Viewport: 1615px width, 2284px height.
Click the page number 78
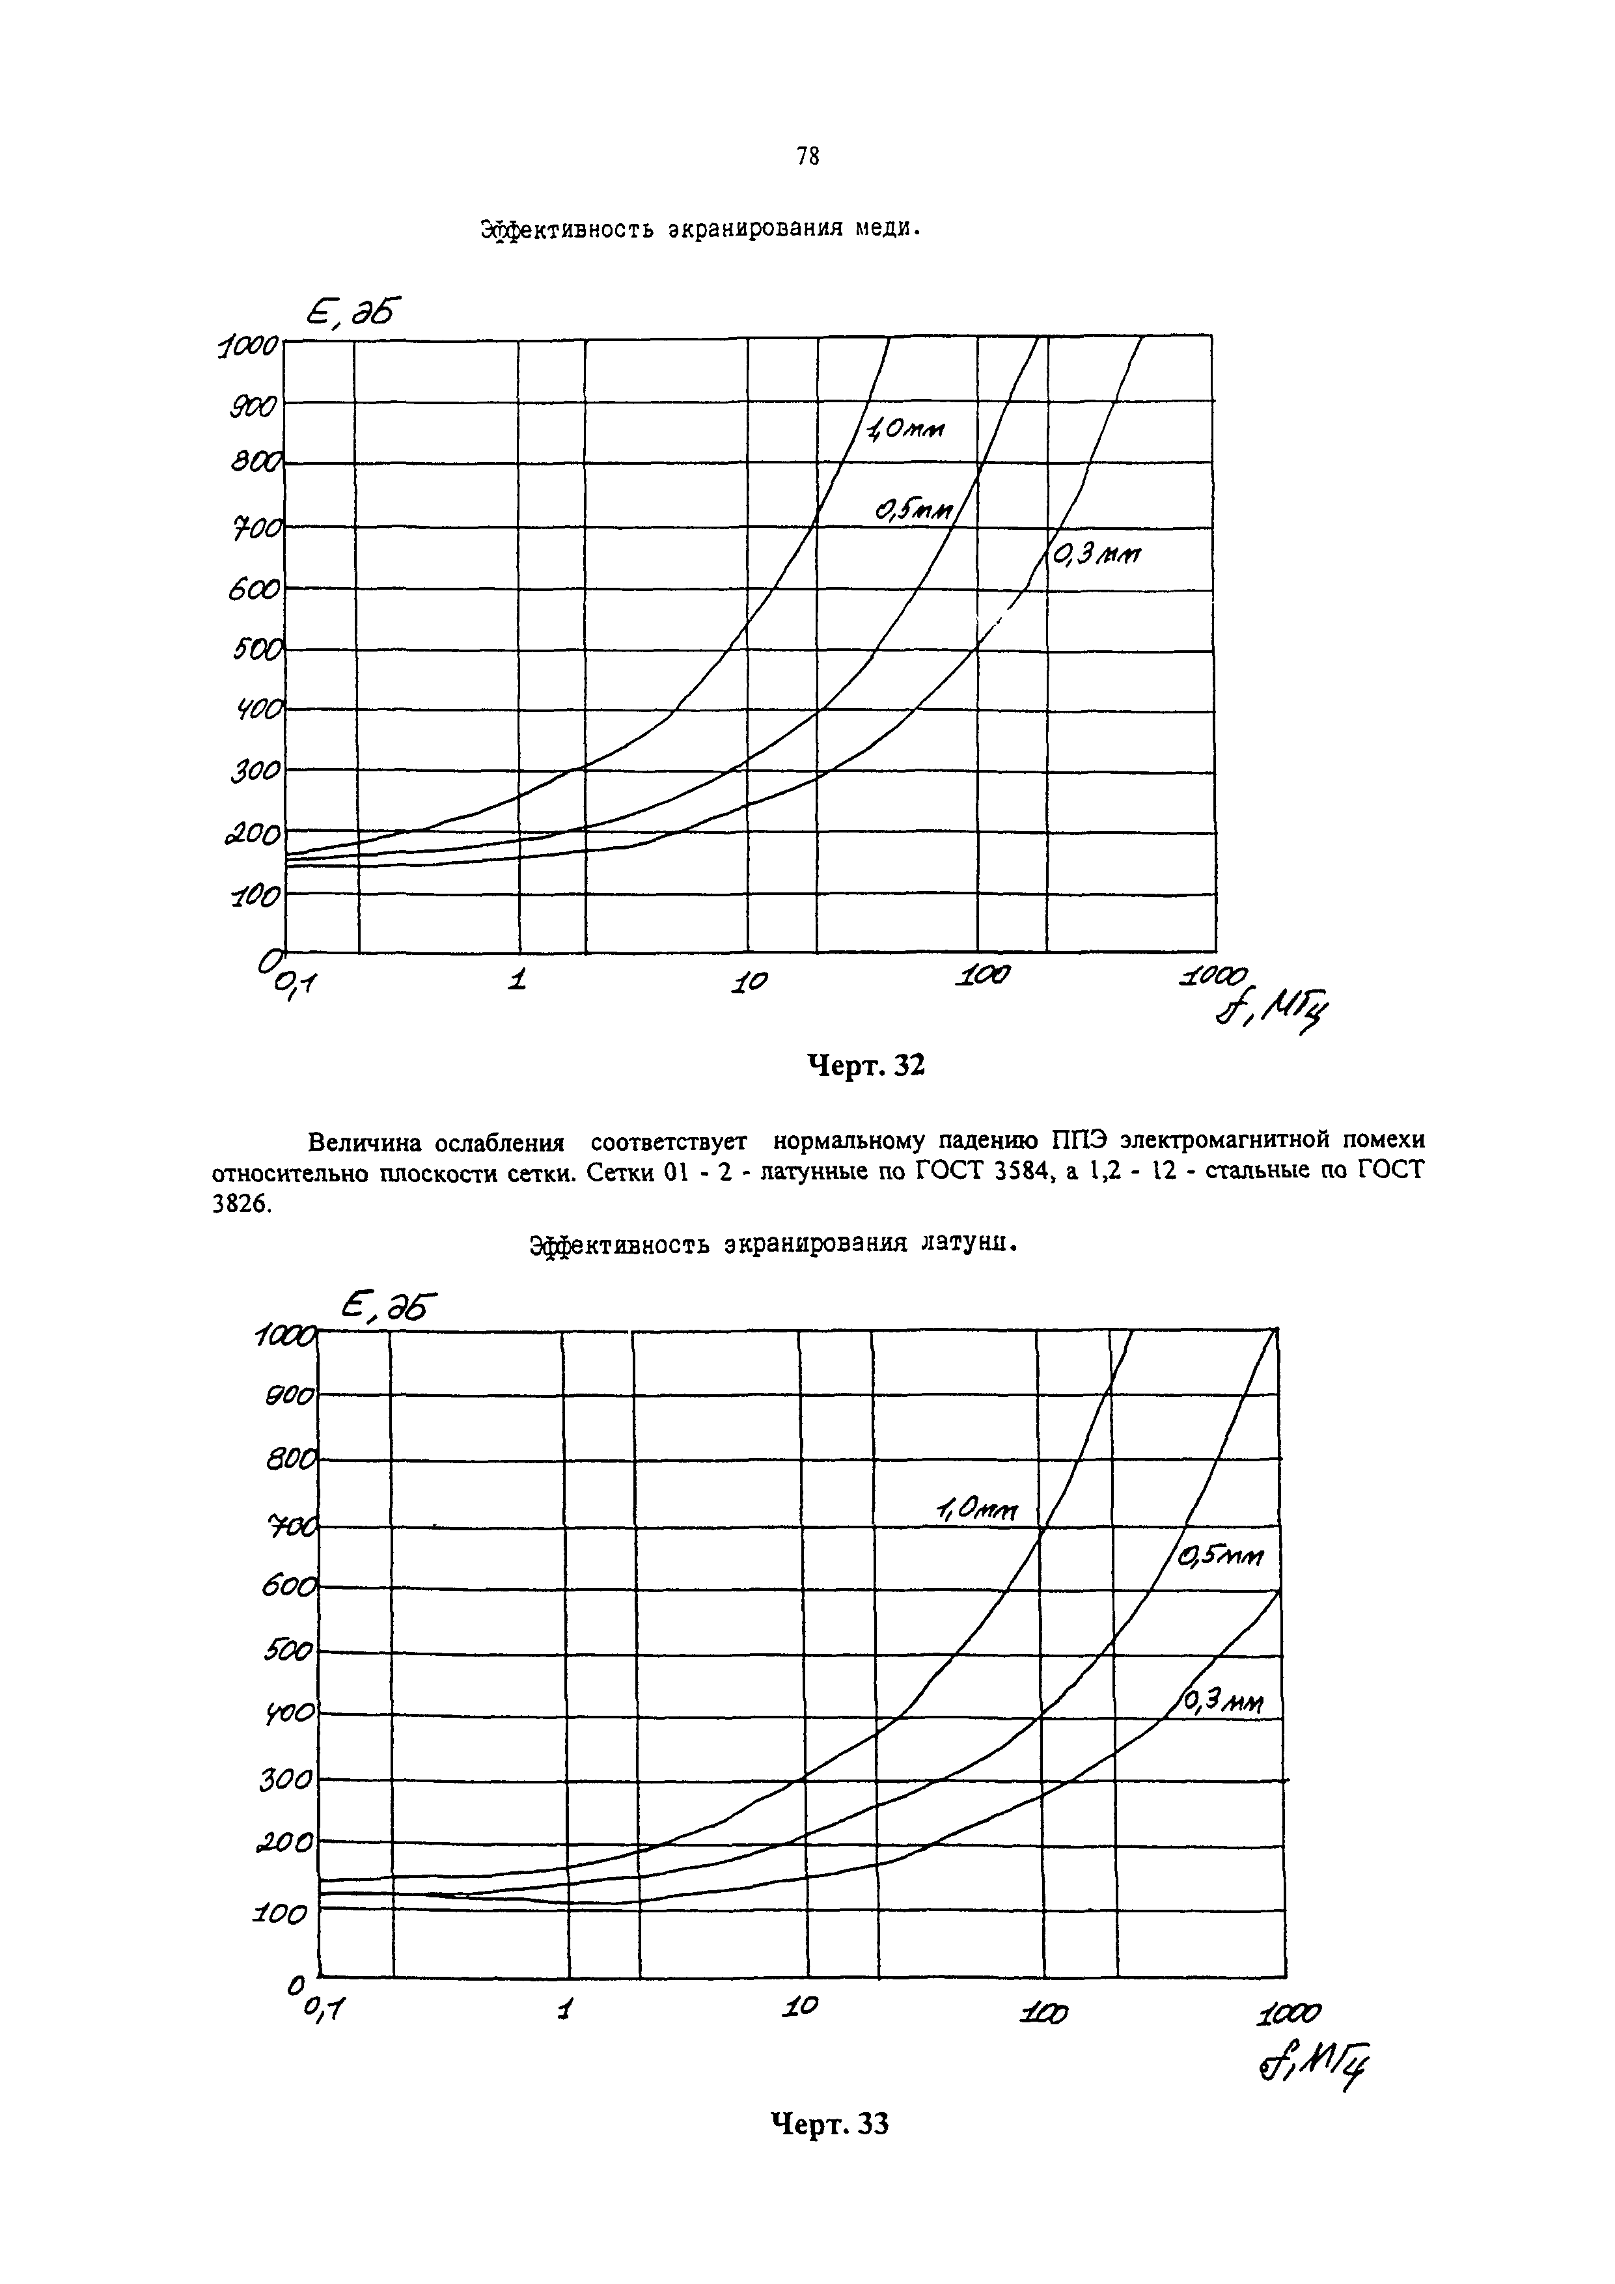click(x=808, y=157)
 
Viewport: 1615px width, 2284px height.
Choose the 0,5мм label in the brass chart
click(x=1220, y=1557)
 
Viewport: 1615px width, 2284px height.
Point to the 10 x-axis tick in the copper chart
click(x=751, y=981)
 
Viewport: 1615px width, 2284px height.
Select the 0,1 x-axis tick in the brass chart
click(x=322, y=2009)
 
